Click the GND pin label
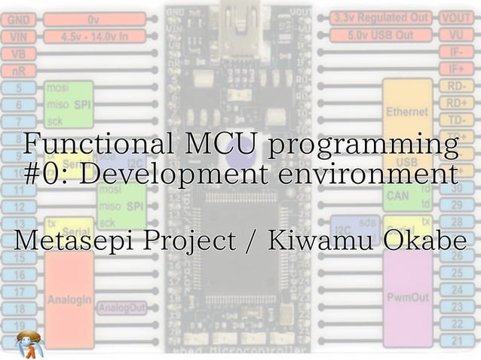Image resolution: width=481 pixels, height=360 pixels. (x=20, y=20)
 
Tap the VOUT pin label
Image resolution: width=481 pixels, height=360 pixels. (x=456, y=17)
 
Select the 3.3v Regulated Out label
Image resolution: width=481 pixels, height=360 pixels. (x=381, y=17)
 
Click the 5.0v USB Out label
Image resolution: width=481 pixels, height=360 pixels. (x=381, y=35)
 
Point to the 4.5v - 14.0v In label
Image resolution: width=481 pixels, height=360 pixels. (x=94, y=36)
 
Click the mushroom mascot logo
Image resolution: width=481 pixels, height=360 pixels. (x=30, y=344)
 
